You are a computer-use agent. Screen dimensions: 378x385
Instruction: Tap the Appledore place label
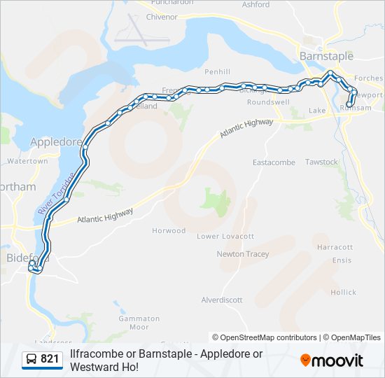pos(56,141)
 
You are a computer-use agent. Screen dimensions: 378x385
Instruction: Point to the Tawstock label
pos(321,162)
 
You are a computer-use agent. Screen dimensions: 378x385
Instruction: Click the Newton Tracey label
pos(242,254)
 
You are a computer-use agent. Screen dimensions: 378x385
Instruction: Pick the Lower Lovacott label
pos(225,237)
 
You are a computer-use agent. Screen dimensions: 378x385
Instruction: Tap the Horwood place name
pos(169,230)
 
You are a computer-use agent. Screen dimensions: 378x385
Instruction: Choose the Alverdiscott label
pos(221,300)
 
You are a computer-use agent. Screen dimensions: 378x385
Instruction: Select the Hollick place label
pos(343,292)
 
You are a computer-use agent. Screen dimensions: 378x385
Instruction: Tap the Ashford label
pos(255,4)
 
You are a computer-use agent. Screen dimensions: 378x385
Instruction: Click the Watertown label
pos(27,161)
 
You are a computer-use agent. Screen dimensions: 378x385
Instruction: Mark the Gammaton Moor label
pos(134,323)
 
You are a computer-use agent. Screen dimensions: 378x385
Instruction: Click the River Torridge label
pos(55,194)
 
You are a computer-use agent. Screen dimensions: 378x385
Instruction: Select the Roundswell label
pos(268,101)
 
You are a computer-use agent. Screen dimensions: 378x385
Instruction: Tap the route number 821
pos(50,359)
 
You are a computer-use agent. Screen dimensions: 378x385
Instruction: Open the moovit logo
pos(332,360)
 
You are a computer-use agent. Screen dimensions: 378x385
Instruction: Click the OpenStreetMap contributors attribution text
pos(264,337)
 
